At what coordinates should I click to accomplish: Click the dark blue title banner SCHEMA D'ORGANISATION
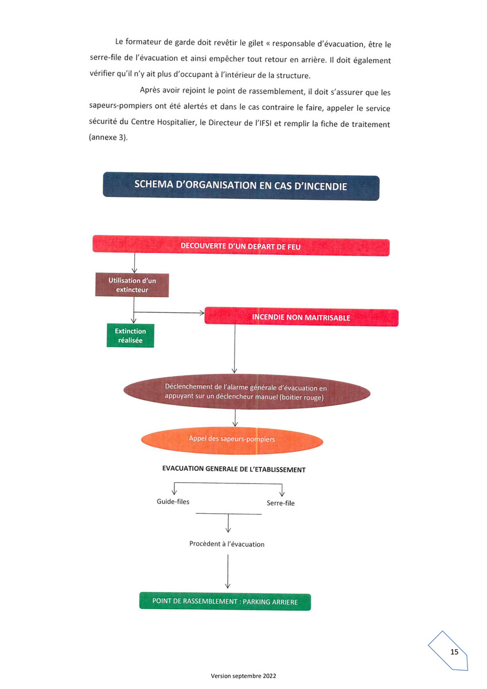(x=241, y=186)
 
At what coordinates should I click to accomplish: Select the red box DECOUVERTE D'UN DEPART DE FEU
(x=241, y=246)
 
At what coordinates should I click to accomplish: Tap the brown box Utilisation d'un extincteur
(x=132, y=285)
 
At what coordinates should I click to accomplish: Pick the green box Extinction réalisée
(x=130, y=335)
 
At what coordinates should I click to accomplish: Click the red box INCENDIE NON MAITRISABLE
(x=301, y=317)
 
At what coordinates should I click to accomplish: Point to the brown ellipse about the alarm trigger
(x=247, y=392)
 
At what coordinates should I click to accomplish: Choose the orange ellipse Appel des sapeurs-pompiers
(x=232, y=440)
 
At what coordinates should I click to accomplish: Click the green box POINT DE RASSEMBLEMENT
(x=225, y=601)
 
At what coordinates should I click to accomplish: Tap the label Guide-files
(x=173, y=502)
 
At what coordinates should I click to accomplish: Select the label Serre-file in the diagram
(x=280, y=503)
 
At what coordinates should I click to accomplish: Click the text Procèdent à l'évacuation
(x=227, y=544)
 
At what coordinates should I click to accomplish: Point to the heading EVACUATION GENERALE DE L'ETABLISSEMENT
(x=234, y=469)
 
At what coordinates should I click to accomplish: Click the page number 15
(x=454, y=652)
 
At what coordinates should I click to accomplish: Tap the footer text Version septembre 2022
(x=243, y=676)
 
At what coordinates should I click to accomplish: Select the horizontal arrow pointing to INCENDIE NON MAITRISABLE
(x=169, y=312)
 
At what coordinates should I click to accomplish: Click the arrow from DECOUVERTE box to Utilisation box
(x=134, y=263)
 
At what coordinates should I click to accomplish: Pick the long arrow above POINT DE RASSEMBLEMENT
(x=228, y=571)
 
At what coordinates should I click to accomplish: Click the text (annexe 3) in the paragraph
(x=108, y=137)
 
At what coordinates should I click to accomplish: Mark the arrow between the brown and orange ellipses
(x=235, y=418)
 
